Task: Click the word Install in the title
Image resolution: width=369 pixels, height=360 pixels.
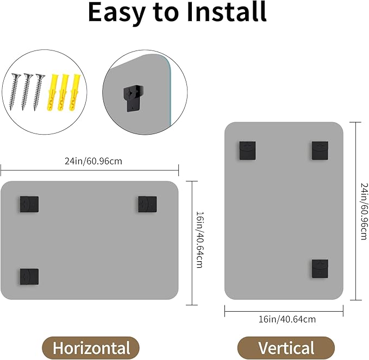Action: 227,11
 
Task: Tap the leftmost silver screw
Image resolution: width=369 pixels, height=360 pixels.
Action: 15,92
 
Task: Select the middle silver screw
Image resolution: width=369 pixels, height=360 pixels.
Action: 26,92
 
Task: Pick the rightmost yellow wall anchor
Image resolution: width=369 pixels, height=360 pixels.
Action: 75,92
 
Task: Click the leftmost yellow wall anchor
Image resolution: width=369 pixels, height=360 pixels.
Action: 52,92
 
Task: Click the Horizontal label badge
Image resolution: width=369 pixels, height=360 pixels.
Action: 91,348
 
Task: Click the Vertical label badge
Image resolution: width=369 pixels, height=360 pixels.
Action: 286,348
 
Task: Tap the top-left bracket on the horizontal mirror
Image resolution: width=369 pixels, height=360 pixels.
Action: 29,204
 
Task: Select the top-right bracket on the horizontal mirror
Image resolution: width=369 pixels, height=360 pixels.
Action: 147,204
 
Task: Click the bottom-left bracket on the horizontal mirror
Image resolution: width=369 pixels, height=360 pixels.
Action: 29,277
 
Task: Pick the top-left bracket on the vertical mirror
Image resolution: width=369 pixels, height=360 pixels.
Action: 248,150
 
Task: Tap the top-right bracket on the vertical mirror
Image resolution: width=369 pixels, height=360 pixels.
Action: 320,150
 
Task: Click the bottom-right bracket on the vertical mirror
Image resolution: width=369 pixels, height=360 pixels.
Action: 320,269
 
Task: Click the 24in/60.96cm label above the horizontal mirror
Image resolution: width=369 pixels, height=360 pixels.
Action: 93,161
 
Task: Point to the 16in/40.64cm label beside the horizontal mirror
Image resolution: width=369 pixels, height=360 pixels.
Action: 199,240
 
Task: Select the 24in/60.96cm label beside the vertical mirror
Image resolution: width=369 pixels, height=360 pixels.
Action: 364,211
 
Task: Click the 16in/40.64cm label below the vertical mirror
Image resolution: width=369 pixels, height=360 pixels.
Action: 287,319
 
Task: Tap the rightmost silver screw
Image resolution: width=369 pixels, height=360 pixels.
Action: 39,92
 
